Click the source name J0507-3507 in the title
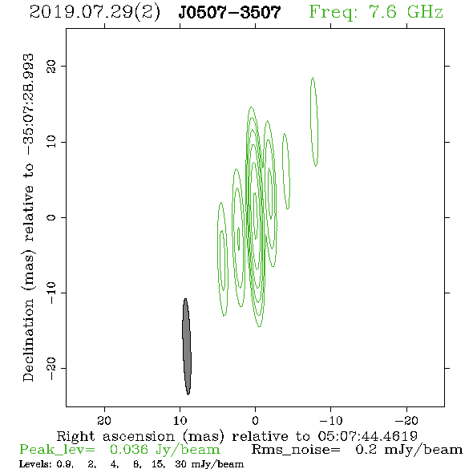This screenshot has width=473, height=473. point(229,13)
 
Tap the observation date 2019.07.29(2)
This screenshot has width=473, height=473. point(95,13)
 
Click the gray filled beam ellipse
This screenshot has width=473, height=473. point(187,346)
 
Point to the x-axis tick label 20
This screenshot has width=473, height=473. point(104,421)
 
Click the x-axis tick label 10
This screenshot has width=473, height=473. point(180,421)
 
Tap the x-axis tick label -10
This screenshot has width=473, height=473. point(331,421)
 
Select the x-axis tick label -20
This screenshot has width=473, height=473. point(406,421)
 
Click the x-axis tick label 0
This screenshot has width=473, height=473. point(256,421)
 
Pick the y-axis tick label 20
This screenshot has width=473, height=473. point(51,66)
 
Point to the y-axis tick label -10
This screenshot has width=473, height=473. point(51,293)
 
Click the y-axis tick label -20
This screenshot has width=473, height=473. point(51,368)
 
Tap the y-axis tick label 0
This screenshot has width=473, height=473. point(51,217)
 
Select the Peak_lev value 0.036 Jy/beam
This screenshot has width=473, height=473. point(165,450)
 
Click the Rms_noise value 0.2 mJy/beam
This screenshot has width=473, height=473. point(409,450)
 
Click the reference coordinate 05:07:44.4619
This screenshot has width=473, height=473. point(367,436)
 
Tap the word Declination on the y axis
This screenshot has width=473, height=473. point(28,340)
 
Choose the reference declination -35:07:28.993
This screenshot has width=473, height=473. point(28,105)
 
